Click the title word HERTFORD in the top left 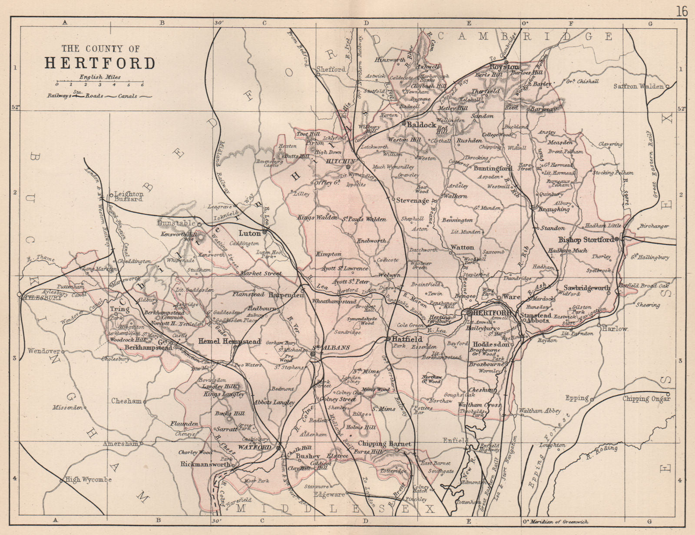(x=100, y=63)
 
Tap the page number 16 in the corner (x=682, y=11)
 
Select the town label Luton (x=250, y=233)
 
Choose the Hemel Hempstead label (x=229, y=342)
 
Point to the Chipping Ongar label (x=646, y=399)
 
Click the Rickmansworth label (x=205, y=464)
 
